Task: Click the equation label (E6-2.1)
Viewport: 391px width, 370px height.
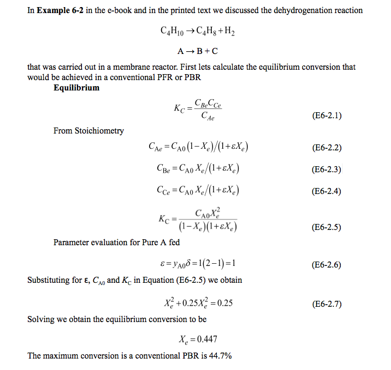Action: [x=326, y=116]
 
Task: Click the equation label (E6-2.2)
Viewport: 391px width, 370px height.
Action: [x=326, y=148]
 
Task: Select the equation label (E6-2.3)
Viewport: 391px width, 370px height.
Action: [x=326, y=169]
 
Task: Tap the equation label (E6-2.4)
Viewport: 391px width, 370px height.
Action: [x=326, y=191]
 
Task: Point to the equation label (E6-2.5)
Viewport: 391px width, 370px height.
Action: [x=326, y=227]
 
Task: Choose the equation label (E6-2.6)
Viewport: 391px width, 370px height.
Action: [x=326, y=265]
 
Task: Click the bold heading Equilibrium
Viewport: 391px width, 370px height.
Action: [x=76, y=87]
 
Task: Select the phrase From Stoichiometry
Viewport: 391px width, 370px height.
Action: [x=88, y=131]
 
